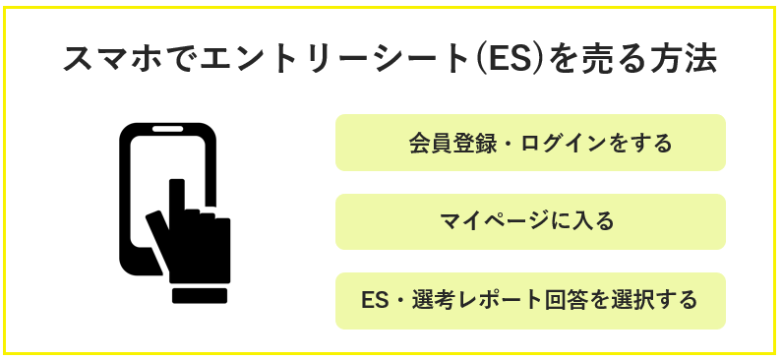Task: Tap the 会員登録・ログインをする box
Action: click(x=530, y=144)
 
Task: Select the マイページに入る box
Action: click(x=530, y=221)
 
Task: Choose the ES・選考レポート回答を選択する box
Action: click(x=530, y=300)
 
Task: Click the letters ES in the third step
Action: click(x=374, y=300)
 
